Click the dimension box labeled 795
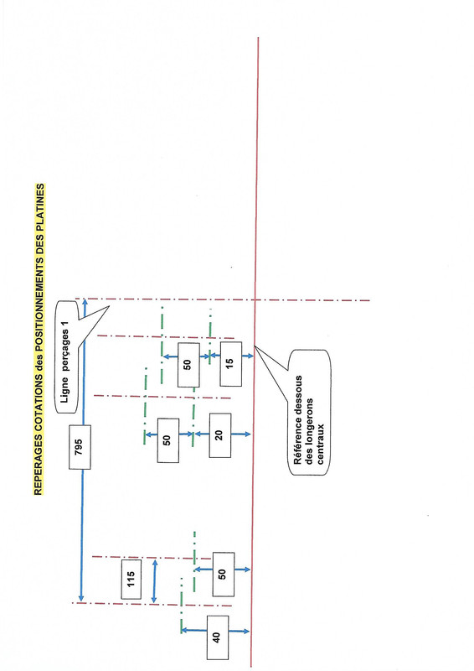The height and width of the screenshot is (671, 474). (80, 447)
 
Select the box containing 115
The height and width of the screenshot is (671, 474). (131, 579)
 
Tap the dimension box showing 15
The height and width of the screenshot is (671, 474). (231, 364)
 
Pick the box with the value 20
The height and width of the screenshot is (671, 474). (220, 435)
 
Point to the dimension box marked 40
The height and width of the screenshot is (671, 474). (218, 637)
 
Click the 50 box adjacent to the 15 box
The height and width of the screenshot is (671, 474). (188, 365)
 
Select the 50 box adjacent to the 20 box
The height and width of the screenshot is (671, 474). (168, 440)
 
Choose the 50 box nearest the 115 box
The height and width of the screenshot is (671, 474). (223, 575)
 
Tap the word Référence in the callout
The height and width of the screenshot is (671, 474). (298, 440)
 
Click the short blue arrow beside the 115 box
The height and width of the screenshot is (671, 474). (155, 581)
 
